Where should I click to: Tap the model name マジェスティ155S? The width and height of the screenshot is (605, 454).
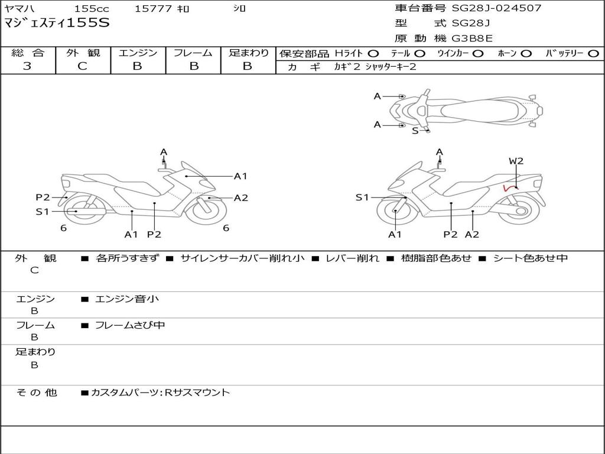57,24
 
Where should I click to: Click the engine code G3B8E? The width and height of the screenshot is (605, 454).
472,38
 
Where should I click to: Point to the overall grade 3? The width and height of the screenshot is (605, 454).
27,66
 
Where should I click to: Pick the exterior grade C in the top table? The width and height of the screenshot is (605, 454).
83,66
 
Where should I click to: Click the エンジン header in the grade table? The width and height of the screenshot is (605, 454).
138,53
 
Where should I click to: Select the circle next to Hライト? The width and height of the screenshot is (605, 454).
373,53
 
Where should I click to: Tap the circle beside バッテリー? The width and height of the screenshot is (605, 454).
593,53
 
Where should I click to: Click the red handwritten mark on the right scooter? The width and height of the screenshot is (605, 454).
508,188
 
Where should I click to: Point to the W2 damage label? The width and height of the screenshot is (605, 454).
516,161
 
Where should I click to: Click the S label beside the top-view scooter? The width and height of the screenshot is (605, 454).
415,131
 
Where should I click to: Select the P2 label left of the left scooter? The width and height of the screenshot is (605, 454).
43,197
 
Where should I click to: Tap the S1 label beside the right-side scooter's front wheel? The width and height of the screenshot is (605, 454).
362,197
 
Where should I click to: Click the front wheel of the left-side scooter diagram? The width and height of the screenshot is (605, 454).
206,209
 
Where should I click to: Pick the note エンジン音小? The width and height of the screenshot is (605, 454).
127,299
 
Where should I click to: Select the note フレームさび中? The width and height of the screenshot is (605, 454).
130,325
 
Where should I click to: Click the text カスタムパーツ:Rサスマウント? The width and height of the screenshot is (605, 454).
160,392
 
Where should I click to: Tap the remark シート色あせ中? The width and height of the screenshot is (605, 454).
530,258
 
